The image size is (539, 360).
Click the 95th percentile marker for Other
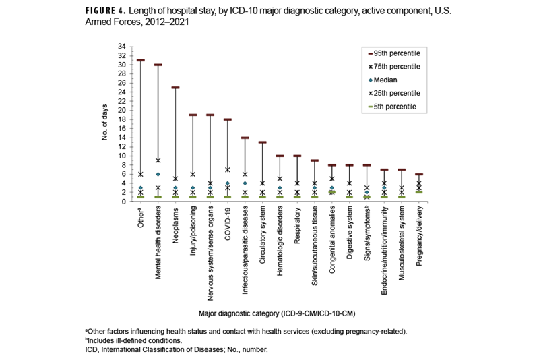[x=141, y=60]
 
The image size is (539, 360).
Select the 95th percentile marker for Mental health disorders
[x=158, y=65]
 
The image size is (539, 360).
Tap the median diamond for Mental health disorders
[x=158, y=174]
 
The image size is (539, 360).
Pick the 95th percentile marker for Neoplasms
[x=175, y=88]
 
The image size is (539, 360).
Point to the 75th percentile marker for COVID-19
[x=228, y=169]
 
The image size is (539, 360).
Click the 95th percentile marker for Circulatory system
[x=262, y=142]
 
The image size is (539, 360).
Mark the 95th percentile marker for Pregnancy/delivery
[x=418, y=174]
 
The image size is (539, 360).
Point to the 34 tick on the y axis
[x=121, y=47]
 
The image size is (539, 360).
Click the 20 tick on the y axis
[x=121, y=110]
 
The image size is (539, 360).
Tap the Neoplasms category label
[x=176, y=225]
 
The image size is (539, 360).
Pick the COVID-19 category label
[x=228, y=223]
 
